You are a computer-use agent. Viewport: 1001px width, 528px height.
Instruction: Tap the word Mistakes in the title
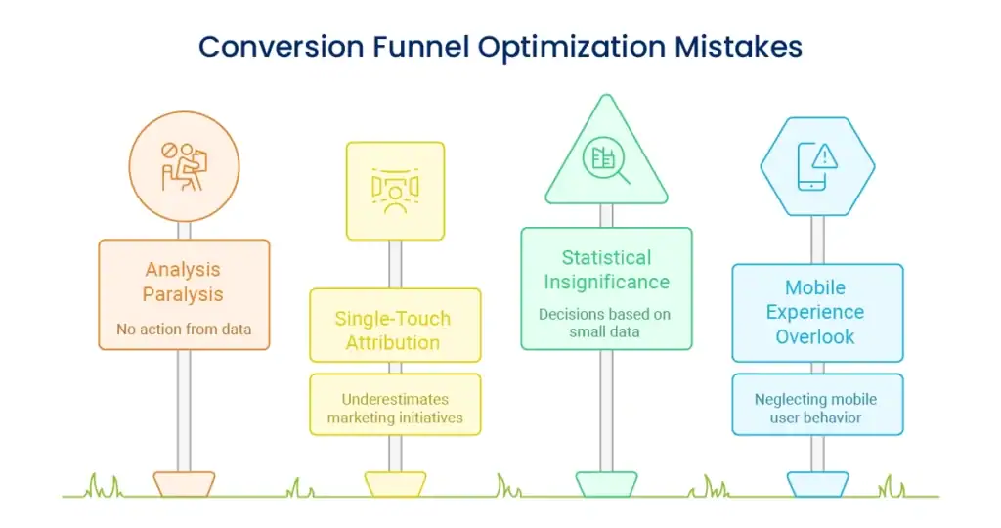point(738,47)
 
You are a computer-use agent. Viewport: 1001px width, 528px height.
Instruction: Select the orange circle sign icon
point(184,166)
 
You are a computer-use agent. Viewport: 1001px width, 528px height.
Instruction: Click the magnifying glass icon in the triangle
point(606,159)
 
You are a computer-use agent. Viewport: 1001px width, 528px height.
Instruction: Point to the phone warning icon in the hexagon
point(817,166)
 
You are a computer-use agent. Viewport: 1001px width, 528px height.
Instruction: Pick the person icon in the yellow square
point(395,191)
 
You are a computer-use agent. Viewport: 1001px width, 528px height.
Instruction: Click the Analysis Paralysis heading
point(183,282)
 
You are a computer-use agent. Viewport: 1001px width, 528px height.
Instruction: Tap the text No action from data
point(184,329)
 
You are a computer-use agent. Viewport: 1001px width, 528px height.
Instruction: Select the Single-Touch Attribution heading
point(393,330)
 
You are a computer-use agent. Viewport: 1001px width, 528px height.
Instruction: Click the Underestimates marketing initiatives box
point(395,405)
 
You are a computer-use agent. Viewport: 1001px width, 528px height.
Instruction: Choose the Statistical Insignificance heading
point(606,270)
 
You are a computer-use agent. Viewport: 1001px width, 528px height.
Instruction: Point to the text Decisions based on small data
point(604,323)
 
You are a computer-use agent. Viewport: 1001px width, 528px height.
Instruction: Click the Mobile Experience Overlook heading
point(815,312)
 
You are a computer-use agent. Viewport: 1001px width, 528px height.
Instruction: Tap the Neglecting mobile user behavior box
point(818,405)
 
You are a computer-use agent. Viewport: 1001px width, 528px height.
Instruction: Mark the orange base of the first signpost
point(184,484)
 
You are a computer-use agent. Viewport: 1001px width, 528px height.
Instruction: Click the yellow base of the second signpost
point(395,484)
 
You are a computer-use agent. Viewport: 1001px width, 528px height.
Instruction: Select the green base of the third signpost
point(606,484)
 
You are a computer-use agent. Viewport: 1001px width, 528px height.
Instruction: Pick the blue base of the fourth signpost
point(818,484)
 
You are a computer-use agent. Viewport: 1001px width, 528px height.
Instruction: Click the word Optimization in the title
point(572,47)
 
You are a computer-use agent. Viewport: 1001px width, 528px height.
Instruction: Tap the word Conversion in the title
point(281,47)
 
